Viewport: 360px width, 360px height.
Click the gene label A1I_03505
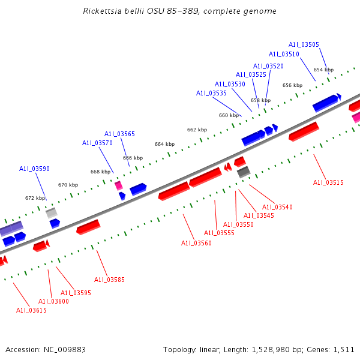click(x=304, y=44)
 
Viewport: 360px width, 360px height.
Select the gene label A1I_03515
click(x=328, y=182)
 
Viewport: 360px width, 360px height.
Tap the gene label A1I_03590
click(x=34, y=169)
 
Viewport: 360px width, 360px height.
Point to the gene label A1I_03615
click(x=31, y=310)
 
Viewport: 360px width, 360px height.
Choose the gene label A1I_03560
click(x=196, y=243)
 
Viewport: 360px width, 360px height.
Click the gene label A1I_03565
click(x=119, y=134)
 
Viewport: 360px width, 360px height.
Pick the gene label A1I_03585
click(x=109, y=280)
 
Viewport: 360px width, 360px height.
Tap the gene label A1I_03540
click(x=277, y=207)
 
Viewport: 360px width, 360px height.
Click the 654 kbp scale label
click(x=323, y=70)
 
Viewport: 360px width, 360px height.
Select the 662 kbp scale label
click(x=197, y=130)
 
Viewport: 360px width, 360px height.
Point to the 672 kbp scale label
click(x=35, y=198)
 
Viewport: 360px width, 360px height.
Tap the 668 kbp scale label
click(x=100, y=172)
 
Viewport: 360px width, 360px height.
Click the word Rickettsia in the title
click(x=103, y=11)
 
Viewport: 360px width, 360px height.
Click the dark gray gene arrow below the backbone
click(x=244, y=172)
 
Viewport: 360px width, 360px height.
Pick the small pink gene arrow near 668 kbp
click(x=119, y=185)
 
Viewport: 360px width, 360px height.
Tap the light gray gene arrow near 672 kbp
click(x=52, y=212)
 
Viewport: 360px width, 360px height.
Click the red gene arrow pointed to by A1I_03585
click(x=88, y=227)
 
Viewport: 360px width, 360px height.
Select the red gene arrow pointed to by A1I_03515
click(x=304, y=131)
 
